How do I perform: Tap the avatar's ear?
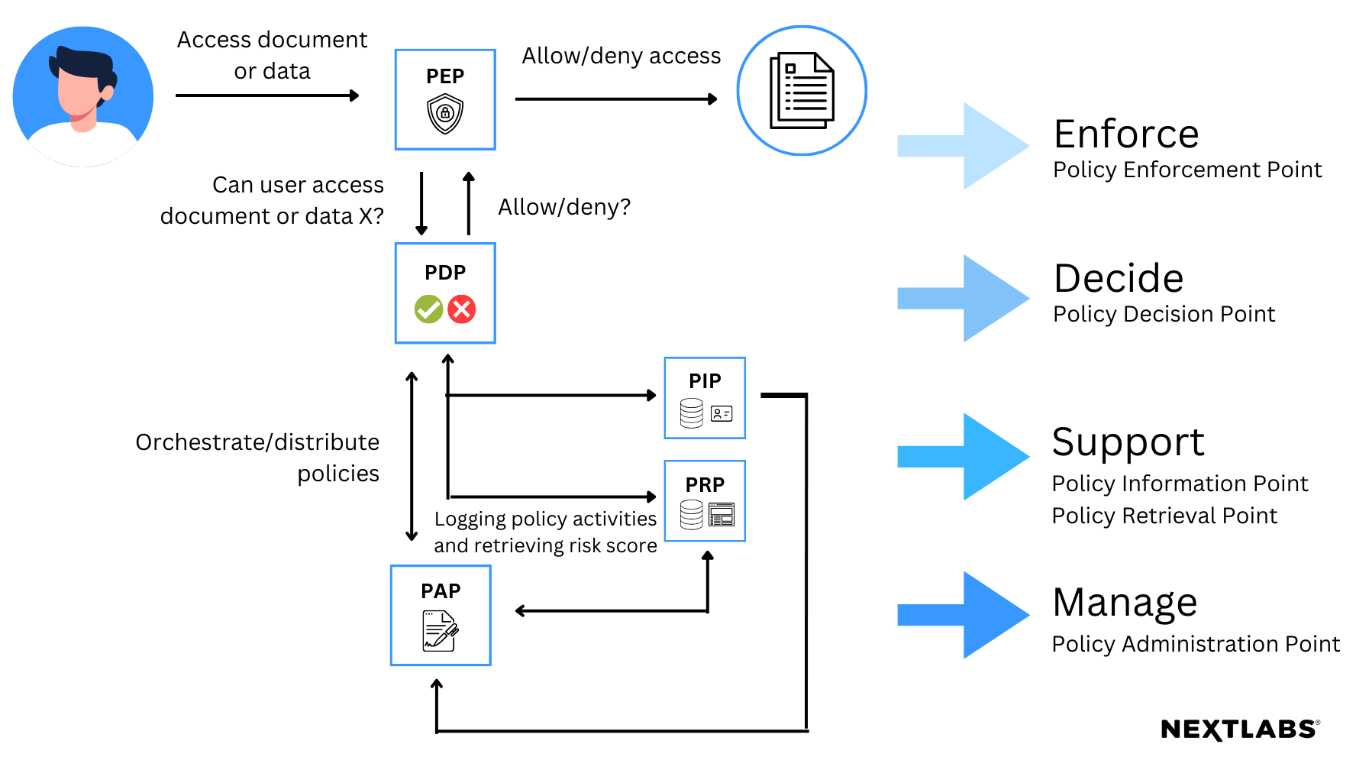point(108,92)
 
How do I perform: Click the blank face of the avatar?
point(76,95)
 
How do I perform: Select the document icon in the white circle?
point(802,91)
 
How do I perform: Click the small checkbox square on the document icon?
point(790,69)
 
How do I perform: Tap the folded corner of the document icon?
point(825,62)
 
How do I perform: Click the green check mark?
point(428,309)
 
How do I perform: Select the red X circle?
point(462,309)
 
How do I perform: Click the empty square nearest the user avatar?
point(445,99)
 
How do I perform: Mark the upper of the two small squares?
point(705,398)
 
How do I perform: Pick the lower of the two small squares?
point(705,501)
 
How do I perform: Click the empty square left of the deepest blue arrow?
point(441,616)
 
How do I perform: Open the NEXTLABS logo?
point(1240,730)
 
